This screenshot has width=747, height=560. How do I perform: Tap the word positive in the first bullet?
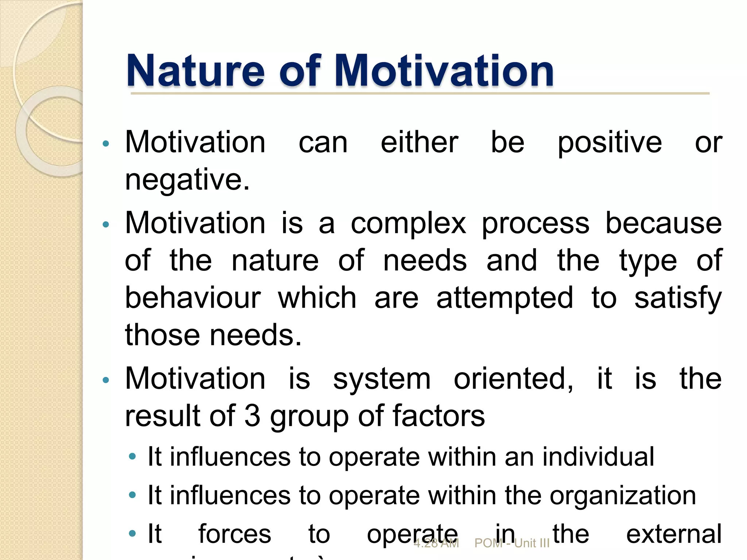[609, 143]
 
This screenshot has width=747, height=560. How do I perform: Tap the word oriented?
[513, 379]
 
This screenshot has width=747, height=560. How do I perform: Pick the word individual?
[598, 456]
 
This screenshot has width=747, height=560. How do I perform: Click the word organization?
[623, 496]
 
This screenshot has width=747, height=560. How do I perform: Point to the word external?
[674, 534]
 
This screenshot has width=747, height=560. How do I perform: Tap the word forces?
[235, 534]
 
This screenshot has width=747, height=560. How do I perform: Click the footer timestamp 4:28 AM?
[436, 544]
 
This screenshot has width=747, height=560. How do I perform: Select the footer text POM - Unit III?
[512, 544]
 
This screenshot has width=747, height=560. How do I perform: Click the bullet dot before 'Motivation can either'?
[106, 144]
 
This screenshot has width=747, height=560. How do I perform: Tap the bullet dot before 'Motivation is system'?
[106, 380]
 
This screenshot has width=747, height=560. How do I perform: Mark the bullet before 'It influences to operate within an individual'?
[132, 456]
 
